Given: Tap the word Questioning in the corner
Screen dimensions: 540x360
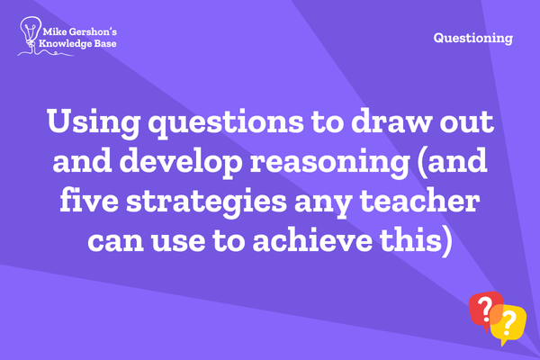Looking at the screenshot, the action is click(473, 38).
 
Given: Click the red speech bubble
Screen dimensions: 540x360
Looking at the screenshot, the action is click(485, 310).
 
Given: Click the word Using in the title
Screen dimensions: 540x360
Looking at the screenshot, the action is click(94, 123).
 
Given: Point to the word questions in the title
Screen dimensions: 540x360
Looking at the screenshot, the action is click(226, 123).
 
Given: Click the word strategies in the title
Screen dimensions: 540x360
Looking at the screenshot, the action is click(206, 202).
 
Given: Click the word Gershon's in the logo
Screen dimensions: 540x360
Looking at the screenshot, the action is click(93, 32).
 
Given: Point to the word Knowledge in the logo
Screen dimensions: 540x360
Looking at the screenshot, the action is click(66, 44).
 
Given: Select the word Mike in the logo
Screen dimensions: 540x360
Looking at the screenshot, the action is click(55, 32).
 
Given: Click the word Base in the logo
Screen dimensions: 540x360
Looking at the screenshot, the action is click(105, 43).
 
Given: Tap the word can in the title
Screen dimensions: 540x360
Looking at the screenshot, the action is click(116, 242).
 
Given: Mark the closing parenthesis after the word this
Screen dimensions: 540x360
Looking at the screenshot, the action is click(446, 240).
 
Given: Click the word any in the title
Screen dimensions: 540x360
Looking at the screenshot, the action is click(323, 203).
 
